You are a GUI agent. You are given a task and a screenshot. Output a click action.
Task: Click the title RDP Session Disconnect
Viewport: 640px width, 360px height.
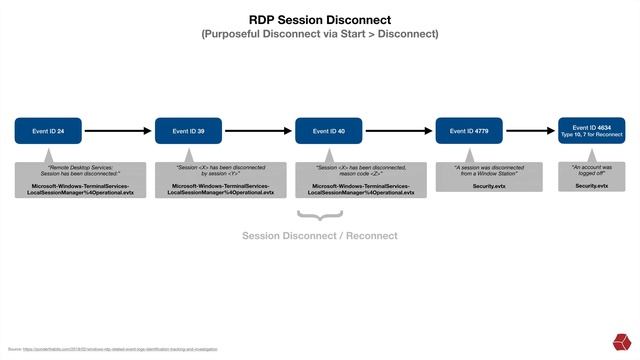tap(320, 19)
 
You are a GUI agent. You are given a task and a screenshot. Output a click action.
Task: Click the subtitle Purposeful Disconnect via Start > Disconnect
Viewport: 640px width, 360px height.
tap(320, 34)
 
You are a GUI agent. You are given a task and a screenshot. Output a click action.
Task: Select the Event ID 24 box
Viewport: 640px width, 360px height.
tap(48, 130)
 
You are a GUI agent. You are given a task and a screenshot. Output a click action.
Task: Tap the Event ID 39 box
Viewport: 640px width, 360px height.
tap(188, 130)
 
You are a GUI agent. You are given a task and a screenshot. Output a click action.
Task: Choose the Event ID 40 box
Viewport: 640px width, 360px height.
tap(329, 130)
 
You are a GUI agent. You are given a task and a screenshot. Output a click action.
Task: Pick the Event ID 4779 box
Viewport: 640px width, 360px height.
tap(469, 130)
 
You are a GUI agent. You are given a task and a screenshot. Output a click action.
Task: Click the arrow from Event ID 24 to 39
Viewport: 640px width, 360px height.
tap(118, 130)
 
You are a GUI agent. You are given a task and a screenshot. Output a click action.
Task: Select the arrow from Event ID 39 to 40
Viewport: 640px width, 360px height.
tap(258, 130)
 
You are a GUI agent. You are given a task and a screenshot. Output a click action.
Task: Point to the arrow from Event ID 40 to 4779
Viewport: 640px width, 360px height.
tap(399, 130)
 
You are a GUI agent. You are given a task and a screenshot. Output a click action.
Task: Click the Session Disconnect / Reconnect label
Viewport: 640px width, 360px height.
tap(320, 236)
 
